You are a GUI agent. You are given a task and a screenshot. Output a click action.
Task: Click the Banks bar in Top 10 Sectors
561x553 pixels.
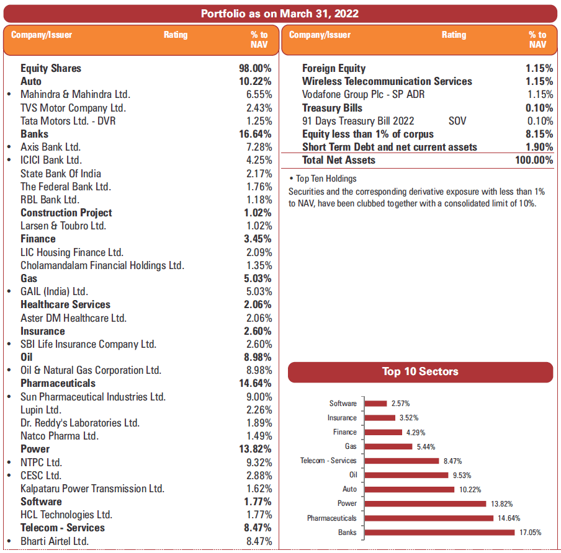439,532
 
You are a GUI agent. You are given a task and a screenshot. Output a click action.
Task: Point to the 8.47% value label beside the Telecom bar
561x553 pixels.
452,461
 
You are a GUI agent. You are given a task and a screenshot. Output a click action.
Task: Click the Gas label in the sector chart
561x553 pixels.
351,446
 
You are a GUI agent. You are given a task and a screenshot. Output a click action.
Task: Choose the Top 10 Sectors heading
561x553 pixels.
420,372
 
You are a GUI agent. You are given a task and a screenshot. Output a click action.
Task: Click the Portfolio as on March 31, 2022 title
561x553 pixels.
280,14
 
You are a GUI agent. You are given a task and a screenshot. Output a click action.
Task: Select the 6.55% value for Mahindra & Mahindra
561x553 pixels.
259,95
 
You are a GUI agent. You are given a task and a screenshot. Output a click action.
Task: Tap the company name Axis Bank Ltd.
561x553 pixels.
50,147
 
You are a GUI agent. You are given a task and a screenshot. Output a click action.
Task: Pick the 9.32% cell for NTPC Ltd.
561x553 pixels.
259,462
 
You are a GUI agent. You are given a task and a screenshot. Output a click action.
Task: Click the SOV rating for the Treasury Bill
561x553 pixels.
457,121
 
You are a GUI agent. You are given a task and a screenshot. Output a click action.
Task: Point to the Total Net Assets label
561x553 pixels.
338,160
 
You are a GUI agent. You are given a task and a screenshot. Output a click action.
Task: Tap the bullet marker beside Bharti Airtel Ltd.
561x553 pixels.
9,541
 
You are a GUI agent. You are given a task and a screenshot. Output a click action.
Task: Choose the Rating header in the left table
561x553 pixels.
176,35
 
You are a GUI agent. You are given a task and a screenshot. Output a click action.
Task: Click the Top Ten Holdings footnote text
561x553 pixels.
323,179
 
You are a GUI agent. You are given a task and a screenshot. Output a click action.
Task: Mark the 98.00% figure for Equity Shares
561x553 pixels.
255,68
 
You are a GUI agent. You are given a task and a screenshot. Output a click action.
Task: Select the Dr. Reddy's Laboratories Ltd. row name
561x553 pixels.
80,423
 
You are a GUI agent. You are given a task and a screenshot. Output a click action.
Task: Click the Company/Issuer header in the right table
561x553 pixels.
320,35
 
